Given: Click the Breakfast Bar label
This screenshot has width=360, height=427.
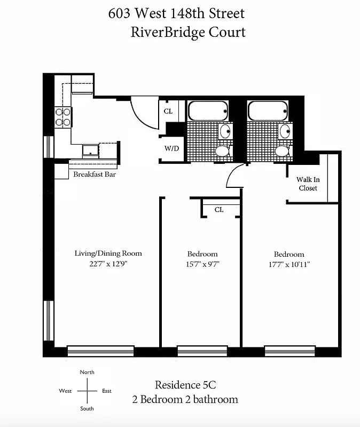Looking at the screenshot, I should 95,175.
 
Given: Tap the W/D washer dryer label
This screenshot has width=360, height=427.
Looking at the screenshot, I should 171,149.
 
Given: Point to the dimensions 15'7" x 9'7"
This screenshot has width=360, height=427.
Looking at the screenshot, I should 202,264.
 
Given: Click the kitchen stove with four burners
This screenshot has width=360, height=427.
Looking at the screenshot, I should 64,117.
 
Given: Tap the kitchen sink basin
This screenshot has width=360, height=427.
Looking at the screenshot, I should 91,151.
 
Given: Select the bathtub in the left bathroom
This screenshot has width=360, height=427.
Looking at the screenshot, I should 208,112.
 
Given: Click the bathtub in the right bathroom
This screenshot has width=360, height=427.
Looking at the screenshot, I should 268,112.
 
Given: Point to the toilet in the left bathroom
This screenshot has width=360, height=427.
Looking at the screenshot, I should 222,151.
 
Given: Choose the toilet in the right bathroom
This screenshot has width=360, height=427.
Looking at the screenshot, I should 281,151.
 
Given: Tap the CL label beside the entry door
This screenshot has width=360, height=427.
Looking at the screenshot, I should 168,111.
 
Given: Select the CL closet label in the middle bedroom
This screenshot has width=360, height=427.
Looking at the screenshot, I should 219,210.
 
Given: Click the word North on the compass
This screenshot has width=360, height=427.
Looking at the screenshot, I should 87,372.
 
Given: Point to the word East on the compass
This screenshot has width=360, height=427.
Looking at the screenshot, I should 107,391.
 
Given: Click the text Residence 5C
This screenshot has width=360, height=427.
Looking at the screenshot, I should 185,385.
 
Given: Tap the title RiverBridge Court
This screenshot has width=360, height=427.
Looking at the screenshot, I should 188,32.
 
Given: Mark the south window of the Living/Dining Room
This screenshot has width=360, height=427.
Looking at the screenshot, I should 100,351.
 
